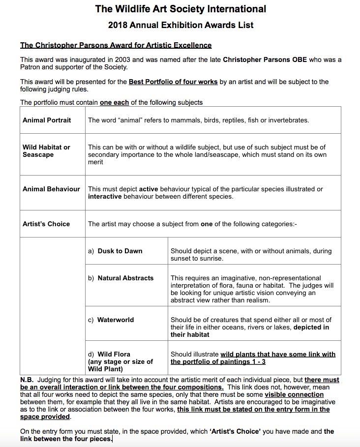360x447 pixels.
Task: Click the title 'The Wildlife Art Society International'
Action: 180,9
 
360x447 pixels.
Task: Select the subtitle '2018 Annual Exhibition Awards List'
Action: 180,25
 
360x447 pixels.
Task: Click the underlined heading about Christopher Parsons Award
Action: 116,45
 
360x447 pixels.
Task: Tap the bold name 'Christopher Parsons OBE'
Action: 264,60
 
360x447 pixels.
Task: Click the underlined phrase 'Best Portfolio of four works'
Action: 173,82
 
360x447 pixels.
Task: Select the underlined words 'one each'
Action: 114,103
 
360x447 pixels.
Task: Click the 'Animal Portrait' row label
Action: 47,120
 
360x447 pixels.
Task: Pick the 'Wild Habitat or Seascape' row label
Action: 46,151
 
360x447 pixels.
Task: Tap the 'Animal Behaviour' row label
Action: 51,189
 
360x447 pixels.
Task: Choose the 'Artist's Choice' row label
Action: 46,224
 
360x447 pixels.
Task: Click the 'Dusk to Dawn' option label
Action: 120,251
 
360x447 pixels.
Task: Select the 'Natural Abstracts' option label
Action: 125,278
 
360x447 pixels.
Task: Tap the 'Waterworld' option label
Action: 116,320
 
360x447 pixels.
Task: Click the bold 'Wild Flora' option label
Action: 114,354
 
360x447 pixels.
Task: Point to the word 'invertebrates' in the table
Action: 288,120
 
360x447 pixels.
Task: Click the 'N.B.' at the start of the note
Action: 27,380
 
